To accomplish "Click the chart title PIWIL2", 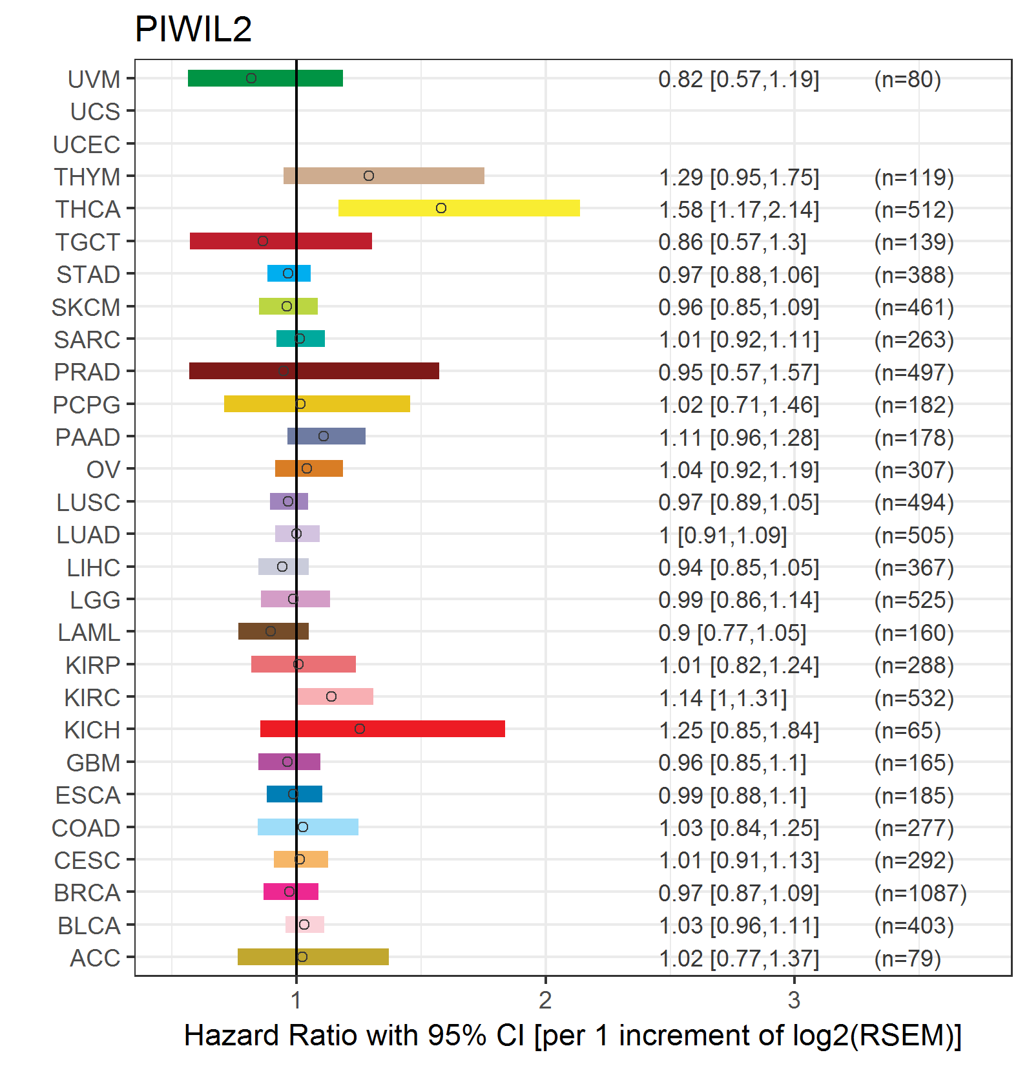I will coord(193,30).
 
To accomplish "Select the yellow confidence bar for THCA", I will coord(459,208).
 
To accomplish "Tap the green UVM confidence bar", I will coord(265,78).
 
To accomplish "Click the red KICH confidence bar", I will coord(382,729).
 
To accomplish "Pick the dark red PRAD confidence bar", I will coord(314,371).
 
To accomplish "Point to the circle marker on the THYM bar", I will coord(368,176).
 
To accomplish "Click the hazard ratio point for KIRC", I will coord(331,696).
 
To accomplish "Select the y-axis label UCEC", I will coord(87,144).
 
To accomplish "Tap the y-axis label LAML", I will coord(88,632).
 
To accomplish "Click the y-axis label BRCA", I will coord(87,892).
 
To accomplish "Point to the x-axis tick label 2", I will coord(545,1000).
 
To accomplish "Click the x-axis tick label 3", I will coord(794,1000).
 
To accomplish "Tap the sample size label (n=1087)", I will coord(920,893).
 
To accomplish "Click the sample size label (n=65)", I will coord(907,730).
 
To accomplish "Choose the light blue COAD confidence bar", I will coord(308,827).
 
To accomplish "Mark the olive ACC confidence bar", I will coord(313,957).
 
